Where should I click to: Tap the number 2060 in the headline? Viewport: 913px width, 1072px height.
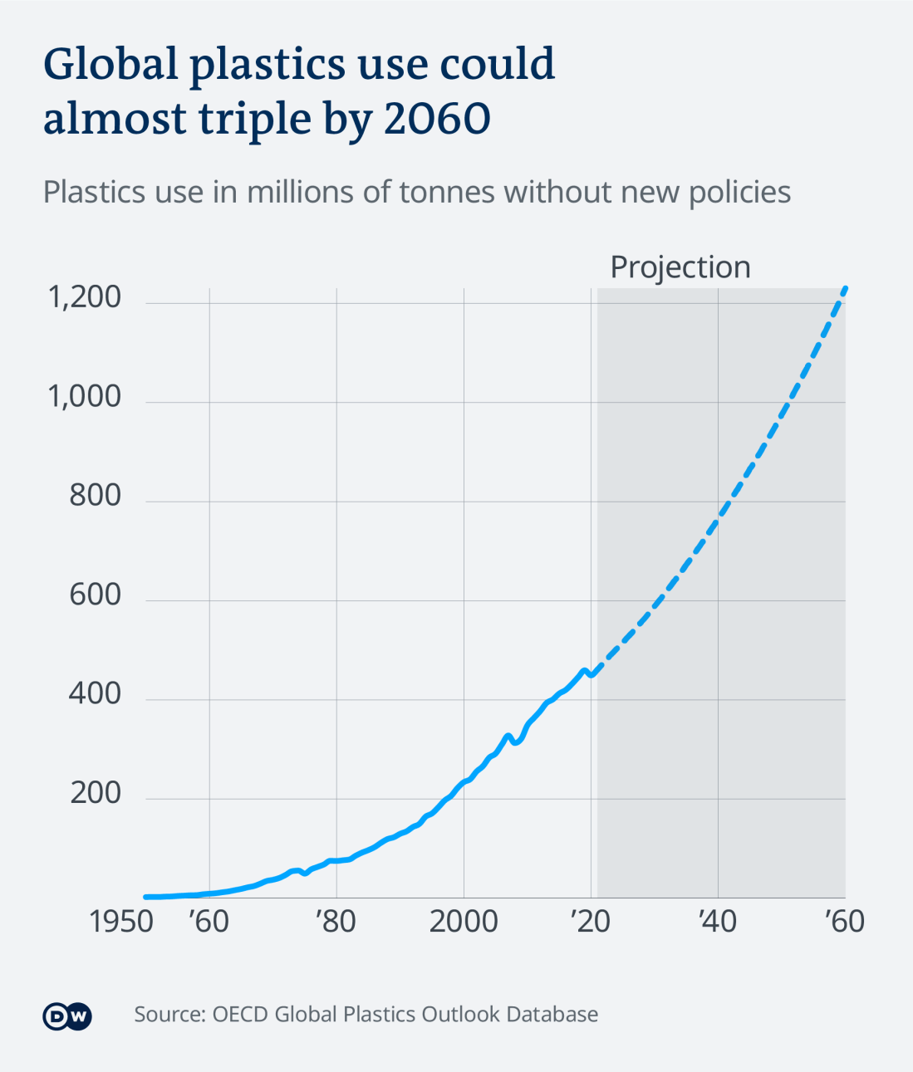437,120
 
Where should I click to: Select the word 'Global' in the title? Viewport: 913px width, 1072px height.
110,65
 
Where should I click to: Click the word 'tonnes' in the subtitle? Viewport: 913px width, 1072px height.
447,193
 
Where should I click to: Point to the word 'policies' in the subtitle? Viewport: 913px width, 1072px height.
739,193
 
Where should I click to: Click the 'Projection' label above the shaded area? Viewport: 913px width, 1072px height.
680,267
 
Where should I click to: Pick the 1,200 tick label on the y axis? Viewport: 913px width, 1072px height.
85,297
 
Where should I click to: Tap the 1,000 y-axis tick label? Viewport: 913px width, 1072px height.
85,397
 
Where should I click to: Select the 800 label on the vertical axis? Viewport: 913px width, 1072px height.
95,496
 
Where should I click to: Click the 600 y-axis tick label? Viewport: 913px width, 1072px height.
95,595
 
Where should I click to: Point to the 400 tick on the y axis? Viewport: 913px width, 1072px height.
95,694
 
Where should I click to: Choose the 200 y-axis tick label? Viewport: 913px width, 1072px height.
95,794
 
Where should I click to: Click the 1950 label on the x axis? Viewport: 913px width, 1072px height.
121,922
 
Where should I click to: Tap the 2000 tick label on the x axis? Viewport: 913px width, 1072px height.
464,922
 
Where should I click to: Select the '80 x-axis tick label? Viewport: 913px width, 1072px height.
336,922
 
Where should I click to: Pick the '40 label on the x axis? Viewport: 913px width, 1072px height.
718,922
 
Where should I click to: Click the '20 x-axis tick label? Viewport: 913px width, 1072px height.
591,922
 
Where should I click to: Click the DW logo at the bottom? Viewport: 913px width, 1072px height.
67,1016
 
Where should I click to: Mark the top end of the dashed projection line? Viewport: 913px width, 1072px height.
845,288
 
